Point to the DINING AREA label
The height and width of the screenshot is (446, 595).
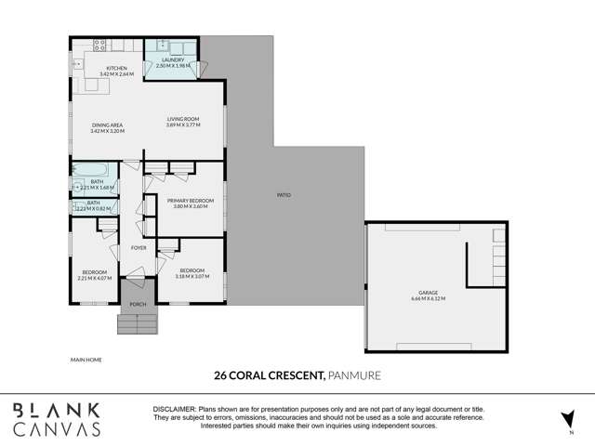click(107, 125)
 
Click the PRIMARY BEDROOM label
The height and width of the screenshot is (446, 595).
click(191, 201)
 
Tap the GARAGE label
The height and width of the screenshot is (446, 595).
click(429, 293)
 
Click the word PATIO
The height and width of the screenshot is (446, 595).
click(284, 196)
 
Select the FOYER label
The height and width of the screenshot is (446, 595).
click(139, 248)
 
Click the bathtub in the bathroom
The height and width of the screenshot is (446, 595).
click(92, 169)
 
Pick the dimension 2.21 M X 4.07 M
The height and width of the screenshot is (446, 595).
click(94, 277)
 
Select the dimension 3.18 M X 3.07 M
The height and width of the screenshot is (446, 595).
click(190, 277)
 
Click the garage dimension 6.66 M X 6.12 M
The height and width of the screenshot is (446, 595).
click(429, 299)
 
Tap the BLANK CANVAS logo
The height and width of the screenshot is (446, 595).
click(56, 418)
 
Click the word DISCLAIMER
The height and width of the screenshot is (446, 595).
click(173, 409)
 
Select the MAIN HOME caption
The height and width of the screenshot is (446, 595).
click(86, 359)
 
